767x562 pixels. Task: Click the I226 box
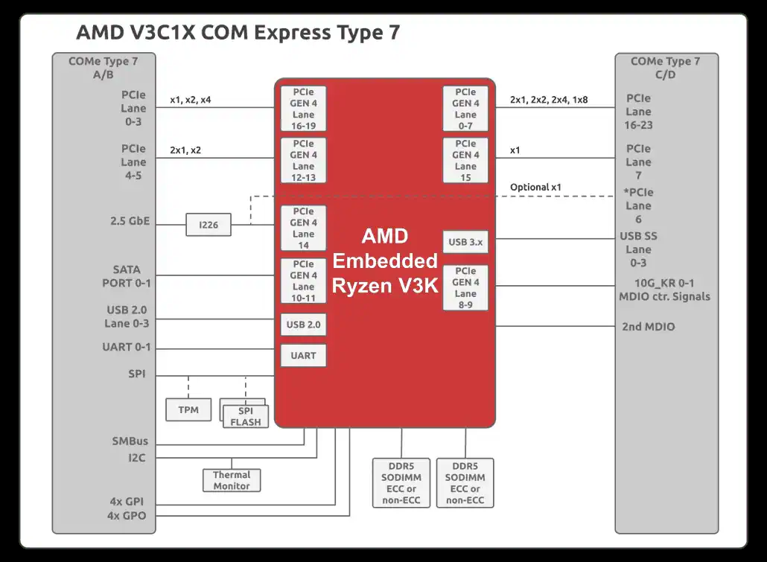click(x=209, y=224)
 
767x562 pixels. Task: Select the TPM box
click(x=188, y=409)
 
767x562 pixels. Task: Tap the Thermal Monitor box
click(x=232, y=480)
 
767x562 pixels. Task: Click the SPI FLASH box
click(x=245, y=416)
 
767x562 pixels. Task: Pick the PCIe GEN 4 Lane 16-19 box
click(x=303, y=109)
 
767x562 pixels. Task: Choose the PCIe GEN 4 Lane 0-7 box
click(x=465, y=109)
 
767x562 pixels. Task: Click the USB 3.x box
click(x=465, y=242)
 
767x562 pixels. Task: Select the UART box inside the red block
click(x=303, y=355)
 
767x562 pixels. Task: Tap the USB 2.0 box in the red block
click(x=303, y=325)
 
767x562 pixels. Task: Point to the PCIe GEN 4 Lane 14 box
click(x=303, y=229)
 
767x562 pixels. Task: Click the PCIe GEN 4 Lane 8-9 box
click(x=465, y=287)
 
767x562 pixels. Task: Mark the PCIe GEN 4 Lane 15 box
click(x=465, y=160)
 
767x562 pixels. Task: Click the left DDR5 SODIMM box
click(x=401, y=482)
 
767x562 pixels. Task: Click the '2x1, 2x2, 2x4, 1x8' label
click(x=549, y=99)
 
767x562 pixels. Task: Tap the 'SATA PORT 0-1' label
click(x=126, y=276)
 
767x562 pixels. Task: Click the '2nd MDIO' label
click(x=649, y=326)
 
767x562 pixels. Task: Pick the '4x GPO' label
click(x=126, y=515)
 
